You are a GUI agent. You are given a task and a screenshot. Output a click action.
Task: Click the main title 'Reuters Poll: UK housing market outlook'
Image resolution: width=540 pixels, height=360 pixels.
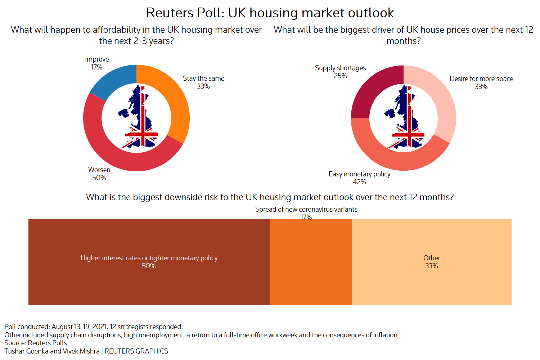point(270,13)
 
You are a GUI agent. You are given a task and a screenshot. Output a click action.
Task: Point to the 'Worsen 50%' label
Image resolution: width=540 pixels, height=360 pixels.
point(99,174)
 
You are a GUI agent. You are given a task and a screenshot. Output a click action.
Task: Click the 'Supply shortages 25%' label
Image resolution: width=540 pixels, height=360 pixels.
point(340,72)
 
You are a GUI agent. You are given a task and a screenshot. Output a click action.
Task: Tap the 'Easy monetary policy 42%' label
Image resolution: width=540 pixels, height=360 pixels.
point(359,178)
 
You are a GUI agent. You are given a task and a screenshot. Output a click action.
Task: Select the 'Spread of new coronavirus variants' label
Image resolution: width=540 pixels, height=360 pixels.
point(306,210)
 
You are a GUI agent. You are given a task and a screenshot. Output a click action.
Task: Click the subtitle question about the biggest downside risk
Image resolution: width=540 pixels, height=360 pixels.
point(270,197)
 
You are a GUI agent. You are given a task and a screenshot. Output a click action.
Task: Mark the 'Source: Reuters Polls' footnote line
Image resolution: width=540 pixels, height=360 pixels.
point(36,343)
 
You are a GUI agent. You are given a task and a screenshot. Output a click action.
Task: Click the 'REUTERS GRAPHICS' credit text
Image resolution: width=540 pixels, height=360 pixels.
point(136,351)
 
